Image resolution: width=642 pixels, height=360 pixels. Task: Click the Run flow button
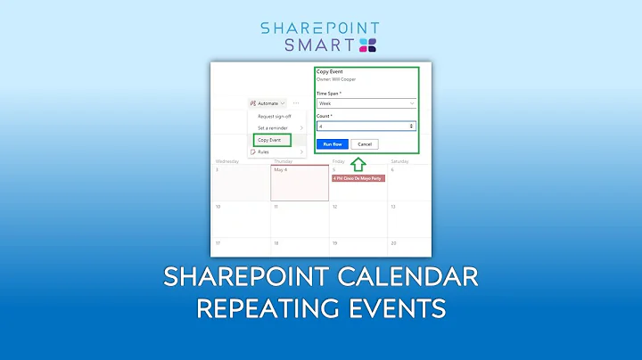pos(332,143)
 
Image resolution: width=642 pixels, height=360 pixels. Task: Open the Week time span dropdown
pos(366,104)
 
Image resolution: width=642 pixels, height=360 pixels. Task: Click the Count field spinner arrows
pos(411,127)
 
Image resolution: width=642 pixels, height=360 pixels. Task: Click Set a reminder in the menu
pos(274,128)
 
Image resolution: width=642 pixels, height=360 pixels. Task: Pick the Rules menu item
pos(263,151)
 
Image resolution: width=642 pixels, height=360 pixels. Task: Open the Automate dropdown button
pos(267,103)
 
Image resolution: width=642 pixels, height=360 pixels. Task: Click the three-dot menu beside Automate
pos(296,103)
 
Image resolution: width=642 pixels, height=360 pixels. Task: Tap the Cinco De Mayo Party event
pos(358,177)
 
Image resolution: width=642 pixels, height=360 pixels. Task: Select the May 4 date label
pos(280,169)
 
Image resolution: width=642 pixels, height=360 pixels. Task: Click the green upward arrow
pos(357,163)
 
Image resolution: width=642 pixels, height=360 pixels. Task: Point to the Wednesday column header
pos(227,161)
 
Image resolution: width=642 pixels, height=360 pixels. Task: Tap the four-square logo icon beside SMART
pos(367,45)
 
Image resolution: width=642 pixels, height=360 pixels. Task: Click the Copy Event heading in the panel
pos(332,70)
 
